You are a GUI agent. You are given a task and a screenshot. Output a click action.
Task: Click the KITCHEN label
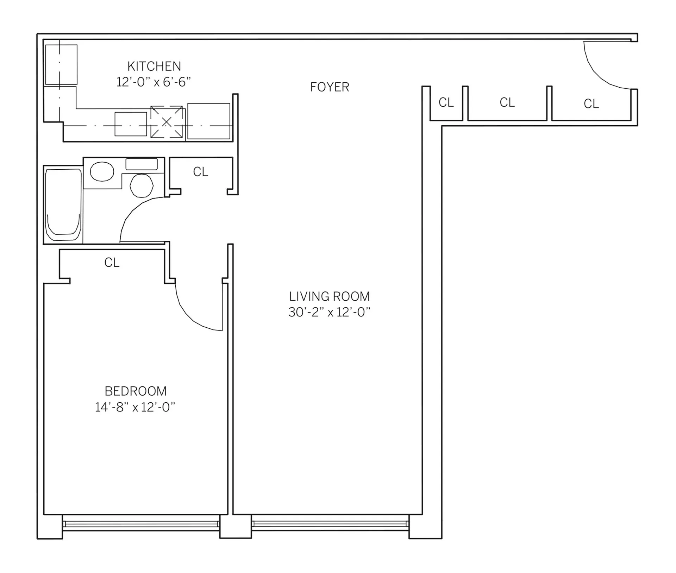[x=154, y=66]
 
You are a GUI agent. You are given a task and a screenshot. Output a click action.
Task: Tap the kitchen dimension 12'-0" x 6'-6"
[x=154, y=82]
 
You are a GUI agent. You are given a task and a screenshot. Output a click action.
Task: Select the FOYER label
[x=330, y=87]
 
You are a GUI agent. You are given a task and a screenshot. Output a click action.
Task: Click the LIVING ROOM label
[x=329, y=296]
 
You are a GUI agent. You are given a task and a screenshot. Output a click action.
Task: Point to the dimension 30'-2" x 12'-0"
[x=329, y=312]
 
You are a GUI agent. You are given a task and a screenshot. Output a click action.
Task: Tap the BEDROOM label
[x=136, y=391]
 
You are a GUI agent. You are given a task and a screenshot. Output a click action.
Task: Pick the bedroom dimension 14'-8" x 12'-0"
[x=135, y=407]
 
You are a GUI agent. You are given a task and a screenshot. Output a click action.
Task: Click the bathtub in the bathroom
[x=63, y=205]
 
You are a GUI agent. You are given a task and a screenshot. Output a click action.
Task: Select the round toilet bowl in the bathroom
[x=142, y=185]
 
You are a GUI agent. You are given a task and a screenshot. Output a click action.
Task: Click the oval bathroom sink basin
[x=102, y=172]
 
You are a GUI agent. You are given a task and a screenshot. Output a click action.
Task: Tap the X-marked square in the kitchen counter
[x=167, y=122]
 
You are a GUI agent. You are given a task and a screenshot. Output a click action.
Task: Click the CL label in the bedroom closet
[x=112, y=263]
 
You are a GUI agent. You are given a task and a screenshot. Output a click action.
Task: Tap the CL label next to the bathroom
[x=201, y=172]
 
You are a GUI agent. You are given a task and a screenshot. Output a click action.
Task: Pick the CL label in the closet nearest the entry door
[x=591, y=104]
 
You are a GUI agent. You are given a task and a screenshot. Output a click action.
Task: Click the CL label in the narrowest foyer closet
[x=446, y=102]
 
